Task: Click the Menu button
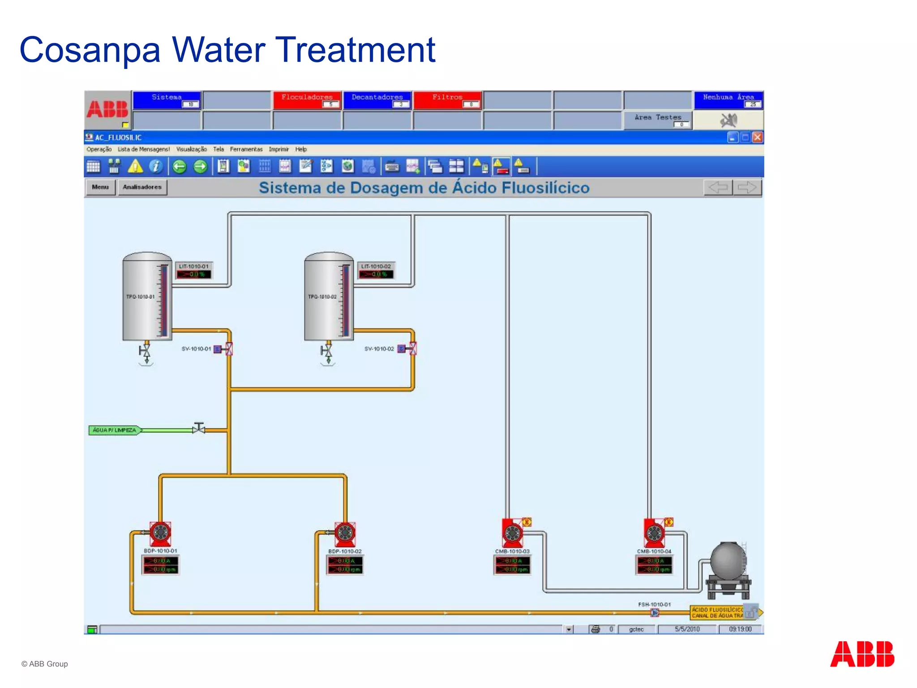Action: (x=100, y=187)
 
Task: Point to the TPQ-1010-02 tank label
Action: (x=322, y=297)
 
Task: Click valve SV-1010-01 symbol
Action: (x=228, y=349)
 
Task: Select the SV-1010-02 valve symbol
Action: (x=412, y=348)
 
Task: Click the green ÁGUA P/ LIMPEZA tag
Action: (x=114, y=430)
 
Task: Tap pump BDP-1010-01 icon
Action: (x=160, y=533)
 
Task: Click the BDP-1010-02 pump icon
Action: (x=345, y=533)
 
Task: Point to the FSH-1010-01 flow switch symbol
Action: (x=654, y=612)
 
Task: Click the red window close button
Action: (x=757, y=138)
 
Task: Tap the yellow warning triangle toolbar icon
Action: (x=135, y=167)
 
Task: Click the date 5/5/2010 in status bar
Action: (x=687, y=629)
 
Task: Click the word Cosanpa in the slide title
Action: (x=90, y=50)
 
